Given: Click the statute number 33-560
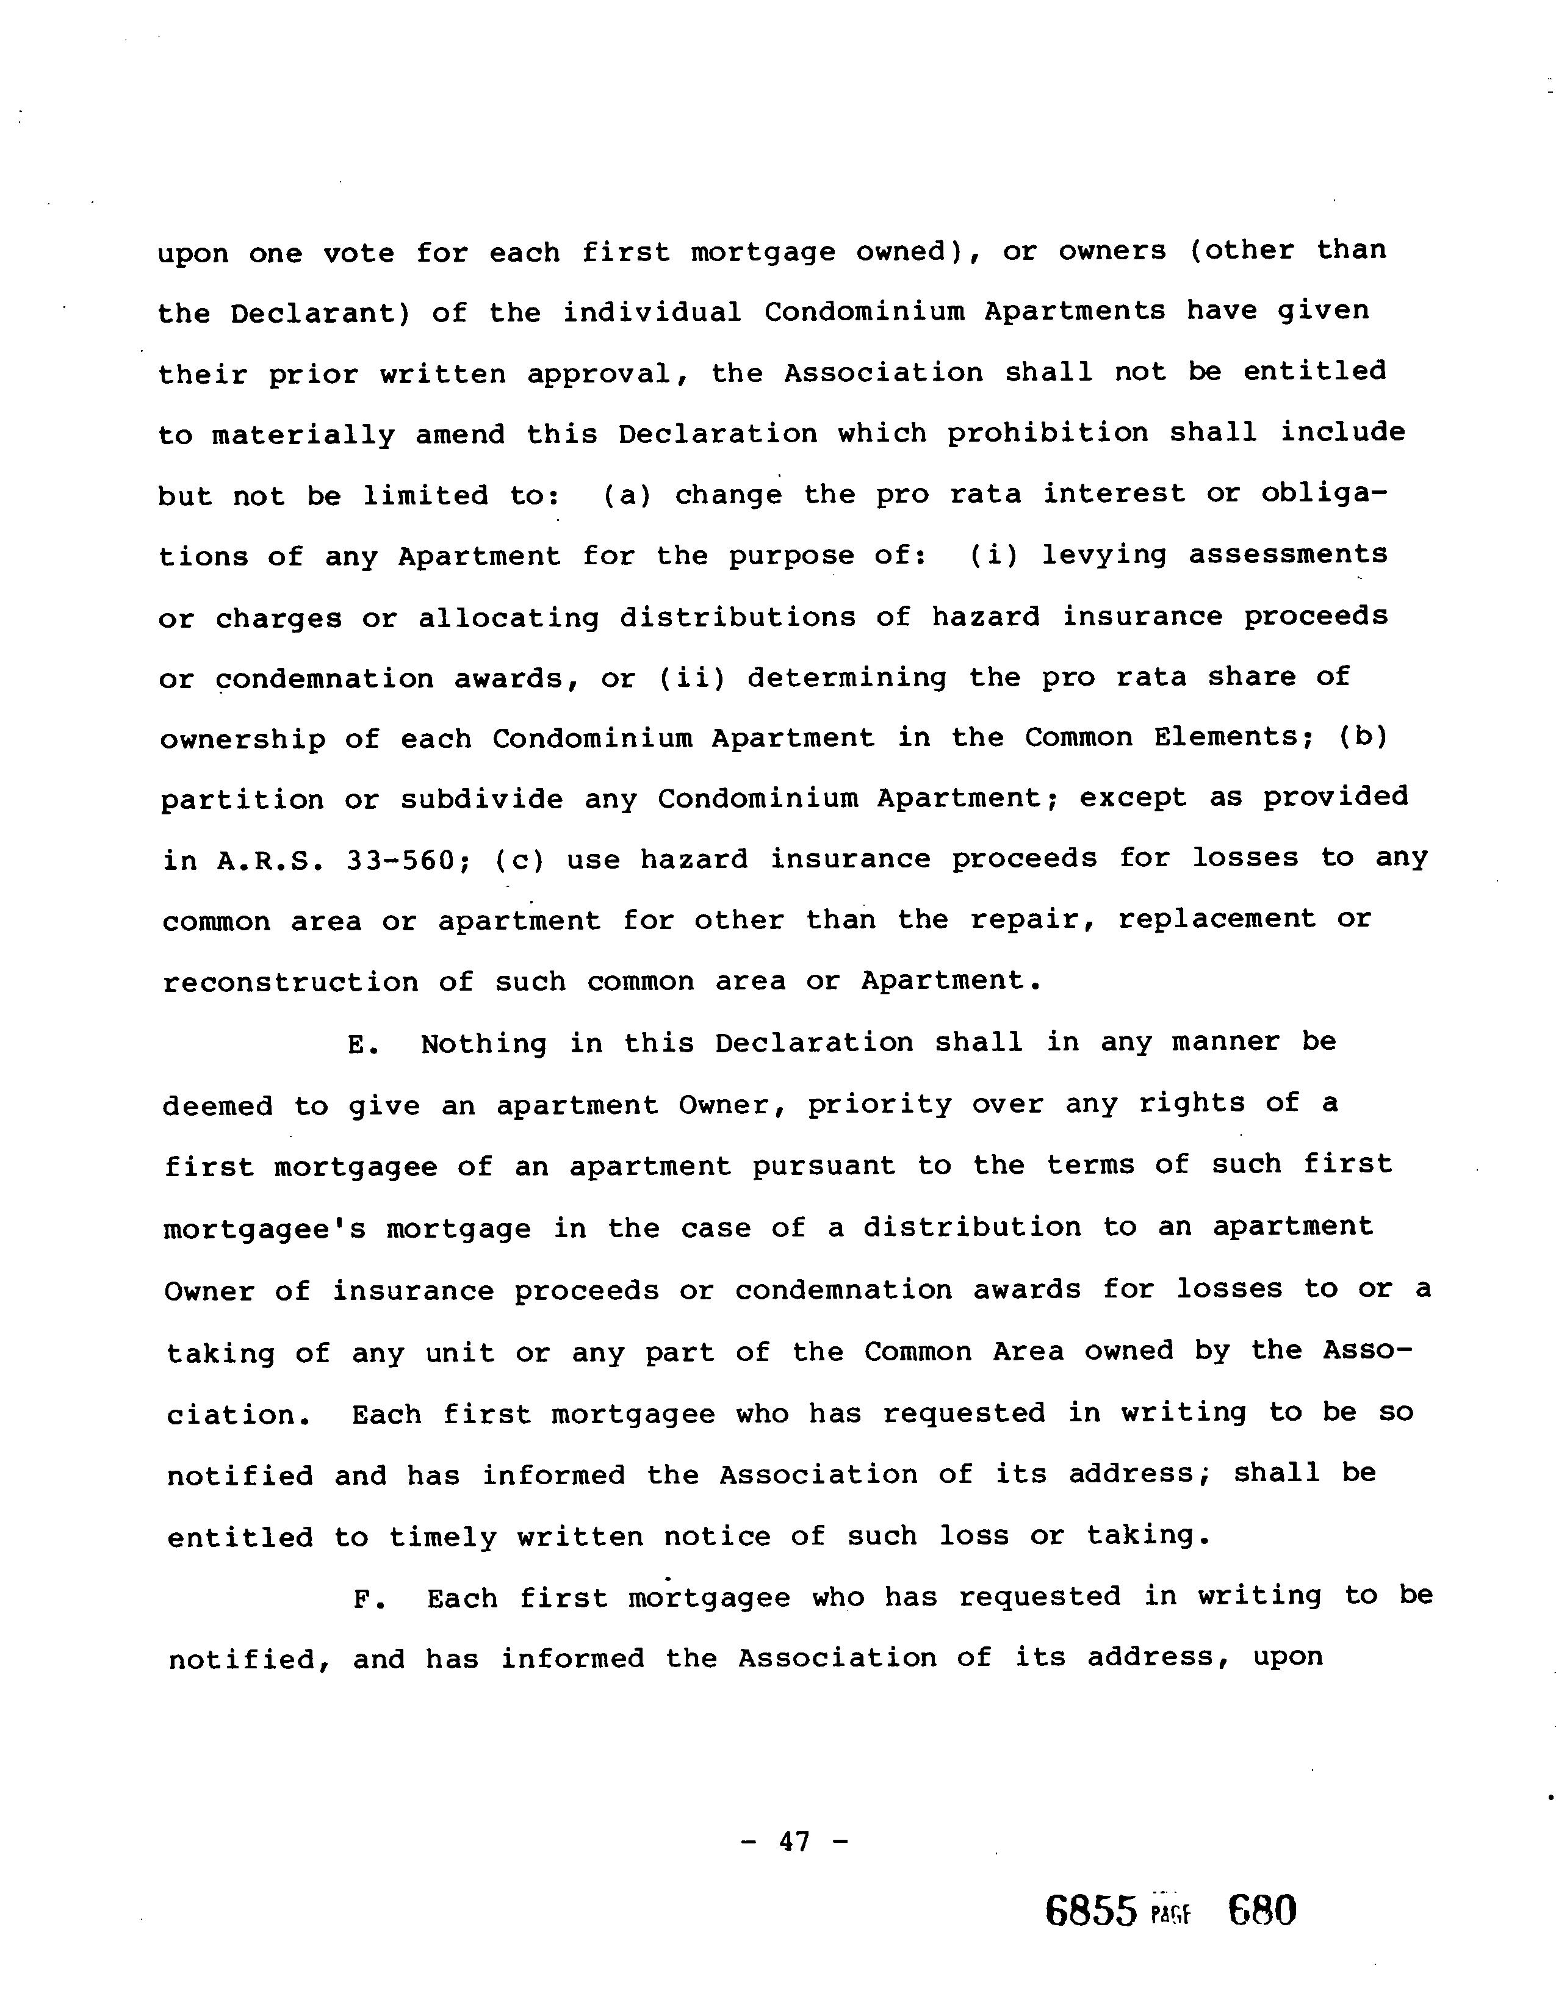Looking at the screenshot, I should (401, 861).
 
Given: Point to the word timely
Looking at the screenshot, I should (442, 1537).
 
